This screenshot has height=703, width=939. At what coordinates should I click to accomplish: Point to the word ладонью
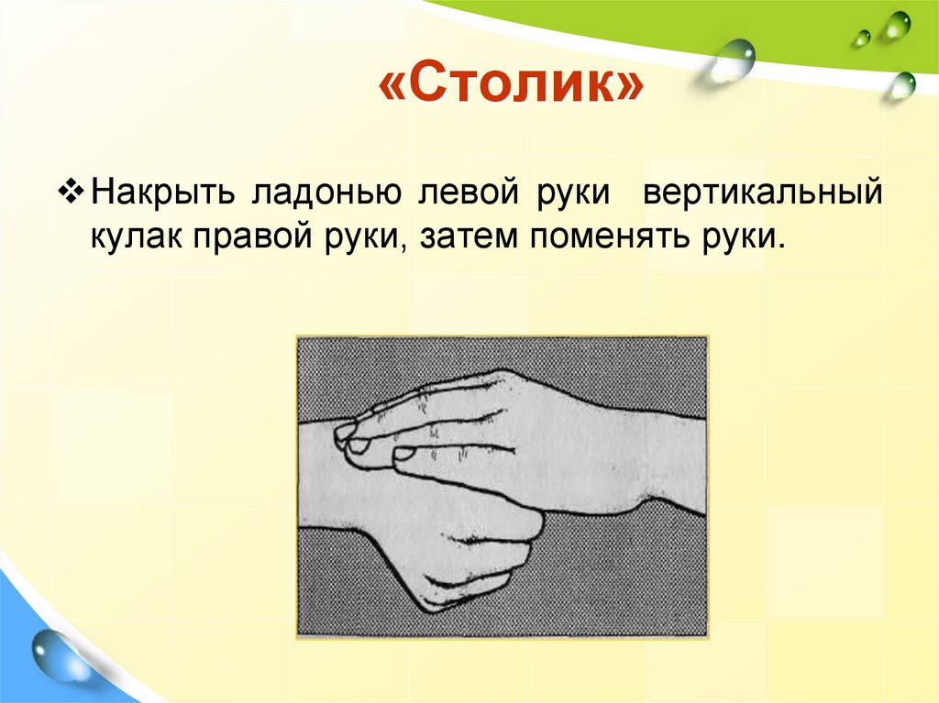tap(319, 195)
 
